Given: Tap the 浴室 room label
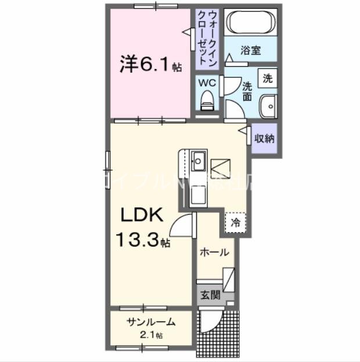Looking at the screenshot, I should click(x=251, y=50).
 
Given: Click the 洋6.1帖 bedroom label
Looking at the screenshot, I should click(x=150, y=64).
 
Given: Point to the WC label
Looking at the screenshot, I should click(x=208, y=83).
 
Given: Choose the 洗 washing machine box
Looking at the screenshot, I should click(x=267, y=78).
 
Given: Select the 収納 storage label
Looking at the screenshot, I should click(x=265, y=139).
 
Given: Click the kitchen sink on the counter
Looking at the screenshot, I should click(x=198, y=159).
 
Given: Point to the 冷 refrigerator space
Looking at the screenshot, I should click(x=236, y=222).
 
